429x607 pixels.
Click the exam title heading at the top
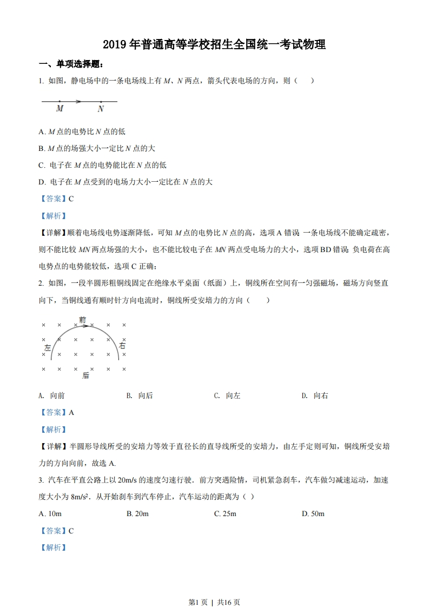click(214, 45)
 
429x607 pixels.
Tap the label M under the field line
click(60, 109)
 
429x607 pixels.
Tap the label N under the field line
click(101, 109)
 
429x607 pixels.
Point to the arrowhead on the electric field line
click(79, 101)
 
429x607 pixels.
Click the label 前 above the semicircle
click(82, 320)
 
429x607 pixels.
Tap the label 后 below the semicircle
click(85, 375)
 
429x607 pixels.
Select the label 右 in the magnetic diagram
click(122, 345)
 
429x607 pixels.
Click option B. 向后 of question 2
click(140, 395)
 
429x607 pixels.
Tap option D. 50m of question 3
click(313, 513)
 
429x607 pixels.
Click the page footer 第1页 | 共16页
click(214, 602)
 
